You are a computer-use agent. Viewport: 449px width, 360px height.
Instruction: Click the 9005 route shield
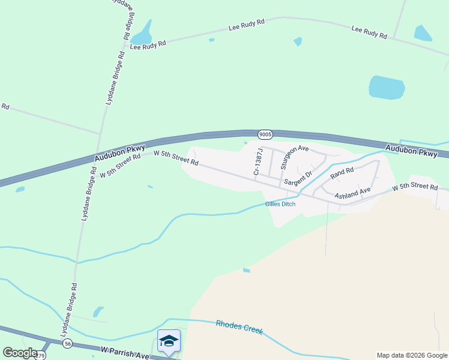coord(265,134)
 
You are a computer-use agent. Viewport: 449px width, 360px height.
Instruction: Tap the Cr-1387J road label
coord(258,162)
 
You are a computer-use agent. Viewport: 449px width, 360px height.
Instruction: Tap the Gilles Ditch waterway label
coord(280,204)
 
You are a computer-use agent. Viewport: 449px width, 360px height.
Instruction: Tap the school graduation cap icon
coord(169,341)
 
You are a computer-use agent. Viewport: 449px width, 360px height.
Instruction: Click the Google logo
coord(20,353)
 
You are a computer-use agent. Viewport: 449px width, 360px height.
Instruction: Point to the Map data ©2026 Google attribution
coord(411,355)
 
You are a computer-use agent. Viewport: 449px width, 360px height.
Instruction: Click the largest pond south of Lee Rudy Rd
coord(387,88)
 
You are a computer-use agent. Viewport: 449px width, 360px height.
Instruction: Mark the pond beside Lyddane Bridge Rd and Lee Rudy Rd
coord(142,34)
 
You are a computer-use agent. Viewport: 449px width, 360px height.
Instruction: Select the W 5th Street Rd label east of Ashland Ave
coord(415,187)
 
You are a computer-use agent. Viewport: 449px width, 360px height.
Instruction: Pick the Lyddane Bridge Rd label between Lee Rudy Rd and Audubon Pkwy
coord(115,78)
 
